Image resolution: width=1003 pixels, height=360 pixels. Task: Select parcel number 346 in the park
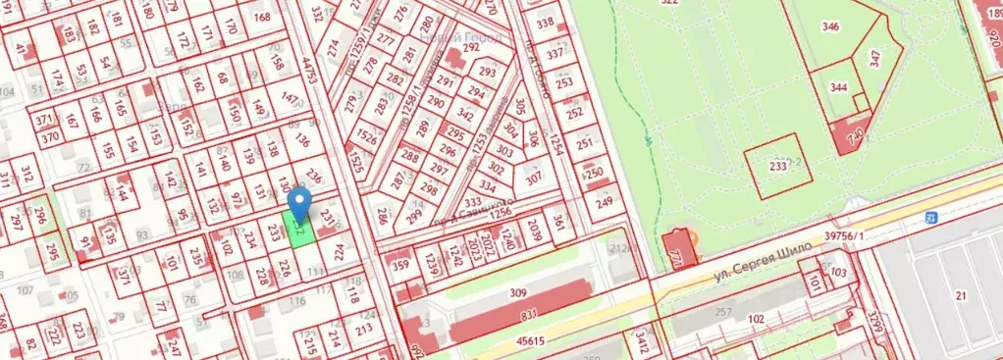point(830,26)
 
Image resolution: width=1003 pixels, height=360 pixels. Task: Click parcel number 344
point(838,87)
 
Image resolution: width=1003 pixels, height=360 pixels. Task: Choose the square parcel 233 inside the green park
point(778,168)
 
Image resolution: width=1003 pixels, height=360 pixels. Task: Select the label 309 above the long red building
point(518,292)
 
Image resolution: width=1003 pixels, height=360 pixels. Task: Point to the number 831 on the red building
point(529,314)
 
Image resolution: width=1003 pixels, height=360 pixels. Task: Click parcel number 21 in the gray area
point(961,295)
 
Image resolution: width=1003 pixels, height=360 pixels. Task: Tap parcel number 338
point(546,24)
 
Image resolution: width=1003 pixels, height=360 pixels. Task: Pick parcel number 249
point(604,202)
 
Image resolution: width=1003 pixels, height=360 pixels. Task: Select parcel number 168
point(262,18)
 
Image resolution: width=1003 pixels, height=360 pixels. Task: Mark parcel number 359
point(399,264)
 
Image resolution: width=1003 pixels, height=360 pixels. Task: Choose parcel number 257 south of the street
point(724,312)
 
